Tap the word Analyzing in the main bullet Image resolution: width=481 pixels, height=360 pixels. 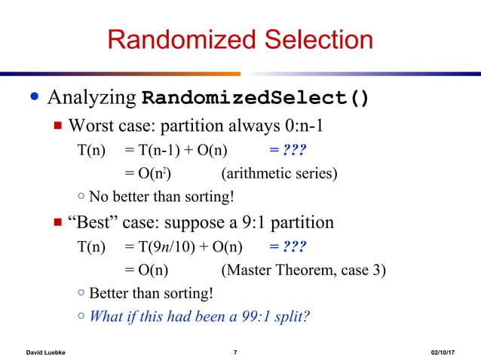coord(93,99)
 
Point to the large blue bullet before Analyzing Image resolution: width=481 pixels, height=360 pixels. coord(32,99)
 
